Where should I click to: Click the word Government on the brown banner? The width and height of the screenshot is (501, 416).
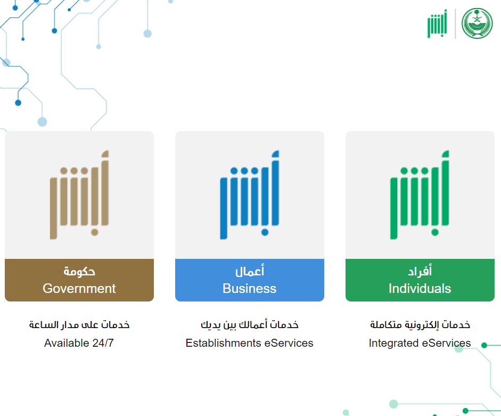pos(79,288)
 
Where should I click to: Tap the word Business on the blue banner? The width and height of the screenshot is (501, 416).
pos(249,288)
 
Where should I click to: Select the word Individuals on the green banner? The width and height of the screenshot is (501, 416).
pos(420,288)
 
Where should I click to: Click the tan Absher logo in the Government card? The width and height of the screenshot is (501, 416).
pos(79,195)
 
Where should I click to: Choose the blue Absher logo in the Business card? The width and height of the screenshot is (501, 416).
pos(250,195)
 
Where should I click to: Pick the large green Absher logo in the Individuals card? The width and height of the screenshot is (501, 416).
pos(420,195)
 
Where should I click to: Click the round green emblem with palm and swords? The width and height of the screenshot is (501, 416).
pos(477,23)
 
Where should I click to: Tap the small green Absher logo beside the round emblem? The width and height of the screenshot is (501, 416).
pos(437,23)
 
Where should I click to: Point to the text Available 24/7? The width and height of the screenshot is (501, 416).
pos(79,343)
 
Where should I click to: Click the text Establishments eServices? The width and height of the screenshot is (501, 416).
pos(249,343)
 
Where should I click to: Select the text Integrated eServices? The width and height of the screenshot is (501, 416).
pos(420,343)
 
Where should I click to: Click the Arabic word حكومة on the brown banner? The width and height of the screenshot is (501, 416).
pos(79,272)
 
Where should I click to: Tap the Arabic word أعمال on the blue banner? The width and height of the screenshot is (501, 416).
pos(250,271)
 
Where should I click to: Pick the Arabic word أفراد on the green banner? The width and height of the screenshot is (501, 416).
pos(420,271)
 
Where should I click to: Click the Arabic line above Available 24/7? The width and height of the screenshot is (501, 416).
pos(79,324)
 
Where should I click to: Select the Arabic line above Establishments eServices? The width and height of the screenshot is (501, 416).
pos(250,324)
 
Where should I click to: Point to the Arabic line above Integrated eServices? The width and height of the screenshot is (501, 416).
pos(420,324)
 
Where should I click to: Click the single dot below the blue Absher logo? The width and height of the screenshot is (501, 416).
pos(265,232)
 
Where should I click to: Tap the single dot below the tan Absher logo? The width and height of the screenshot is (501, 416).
pos(95,232)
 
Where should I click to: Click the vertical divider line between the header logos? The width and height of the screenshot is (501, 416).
pos(455,23)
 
